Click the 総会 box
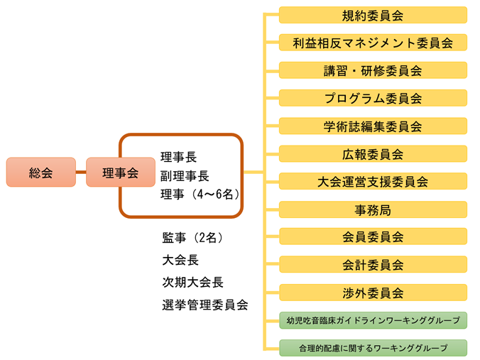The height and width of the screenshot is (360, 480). (x=40, y=173)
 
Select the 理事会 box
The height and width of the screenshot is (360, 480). (x=120, y=173)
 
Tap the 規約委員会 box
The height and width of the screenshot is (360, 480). (x=373, y=15)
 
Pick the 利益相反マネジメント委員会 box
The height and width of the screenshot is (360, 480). (x=373, y=43)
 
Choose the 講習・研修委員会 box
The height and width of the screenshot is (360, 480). (x=373, y=70)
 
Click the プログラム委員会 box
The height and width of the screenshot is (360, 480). (x=373, y=98)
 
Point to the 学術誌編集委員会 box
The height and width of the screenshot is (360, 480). (x=373, y=126)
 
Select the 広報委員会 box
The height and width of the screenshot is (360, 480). (x=373, y=153)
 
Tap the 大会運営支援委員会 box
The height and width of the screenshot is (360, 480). (x=373, y=181)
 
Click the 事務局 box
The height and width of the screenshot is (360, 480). (x=373, y=209)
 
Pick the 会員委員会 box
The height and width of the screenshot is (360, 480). (x=373, y=236)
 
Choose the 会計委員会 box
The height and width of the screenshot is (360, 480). (x=373, y=264)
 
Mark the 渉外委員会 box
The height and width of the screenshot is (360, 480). (x=373, y=292)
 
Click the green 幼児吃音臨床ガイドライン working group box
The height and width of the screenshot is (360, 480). (x=373, y=320)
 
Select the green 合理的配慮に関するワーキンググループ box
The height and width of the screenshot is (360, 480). (x=373, y=348)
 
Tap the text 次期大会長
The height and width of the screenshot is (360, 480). (x=192, y=282)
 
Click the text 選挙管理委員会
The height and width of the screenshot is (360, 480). (x=204, y=305)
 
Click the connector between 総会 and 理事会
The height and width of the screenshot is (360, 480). (x=81, y=173)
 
